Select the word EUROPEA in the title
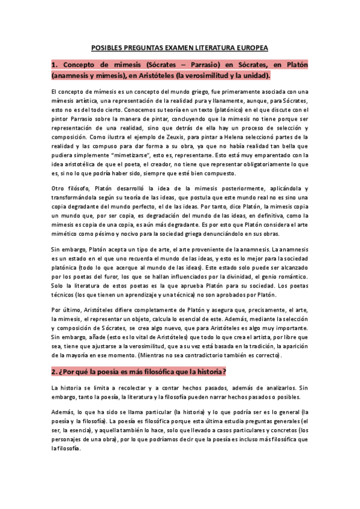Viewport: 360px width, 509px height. point(251,47)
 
